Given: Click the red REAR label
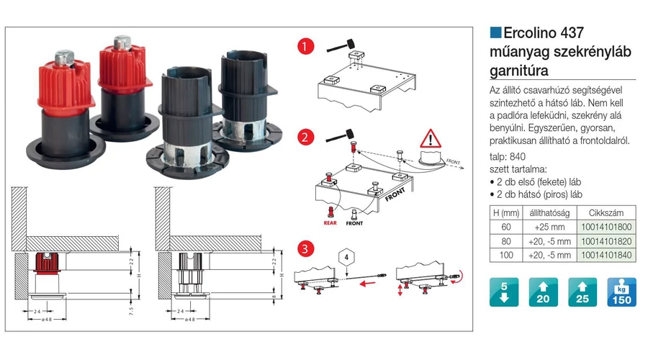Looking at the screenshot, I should pos(330,223).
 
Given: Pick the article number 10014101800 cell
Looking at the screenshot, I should pos(611,227).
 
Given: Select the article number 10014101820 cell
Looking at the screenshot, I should pos(611,240).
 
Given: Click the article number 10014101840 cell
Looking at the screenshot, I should pos(611,255).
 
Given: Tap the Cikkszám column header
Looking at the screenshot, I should pos(611,212).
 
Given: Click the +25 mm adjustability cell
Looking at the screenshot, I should pos(550,227).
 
